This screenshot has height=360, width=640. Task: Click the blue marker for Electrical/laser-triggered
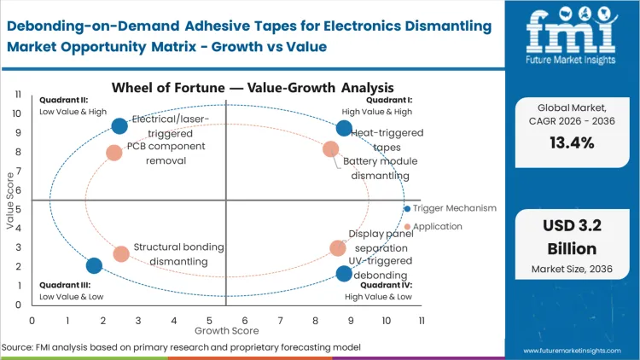point(119,126)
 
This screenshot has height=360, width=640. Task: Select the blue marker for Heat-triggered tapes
point(344,129)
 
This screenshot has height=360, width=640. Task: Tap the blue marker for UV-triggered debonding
point(344,274)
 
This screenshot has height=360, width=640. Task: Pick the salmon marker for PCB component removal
point(114,153)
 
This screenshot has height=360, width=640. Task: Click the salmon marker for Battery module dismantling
point(331,149)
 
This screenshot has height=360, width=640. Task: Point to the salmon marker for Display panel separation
point(338,248)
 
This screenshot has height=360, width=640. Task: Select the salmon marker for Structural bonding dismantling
point(121,253)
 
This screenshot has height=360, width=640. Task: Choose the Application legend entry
point(437,226)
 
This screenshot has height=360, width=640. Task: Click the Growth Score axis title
point(226,329)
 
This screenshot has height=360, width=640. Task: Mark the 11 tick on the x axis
point(421,320)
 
